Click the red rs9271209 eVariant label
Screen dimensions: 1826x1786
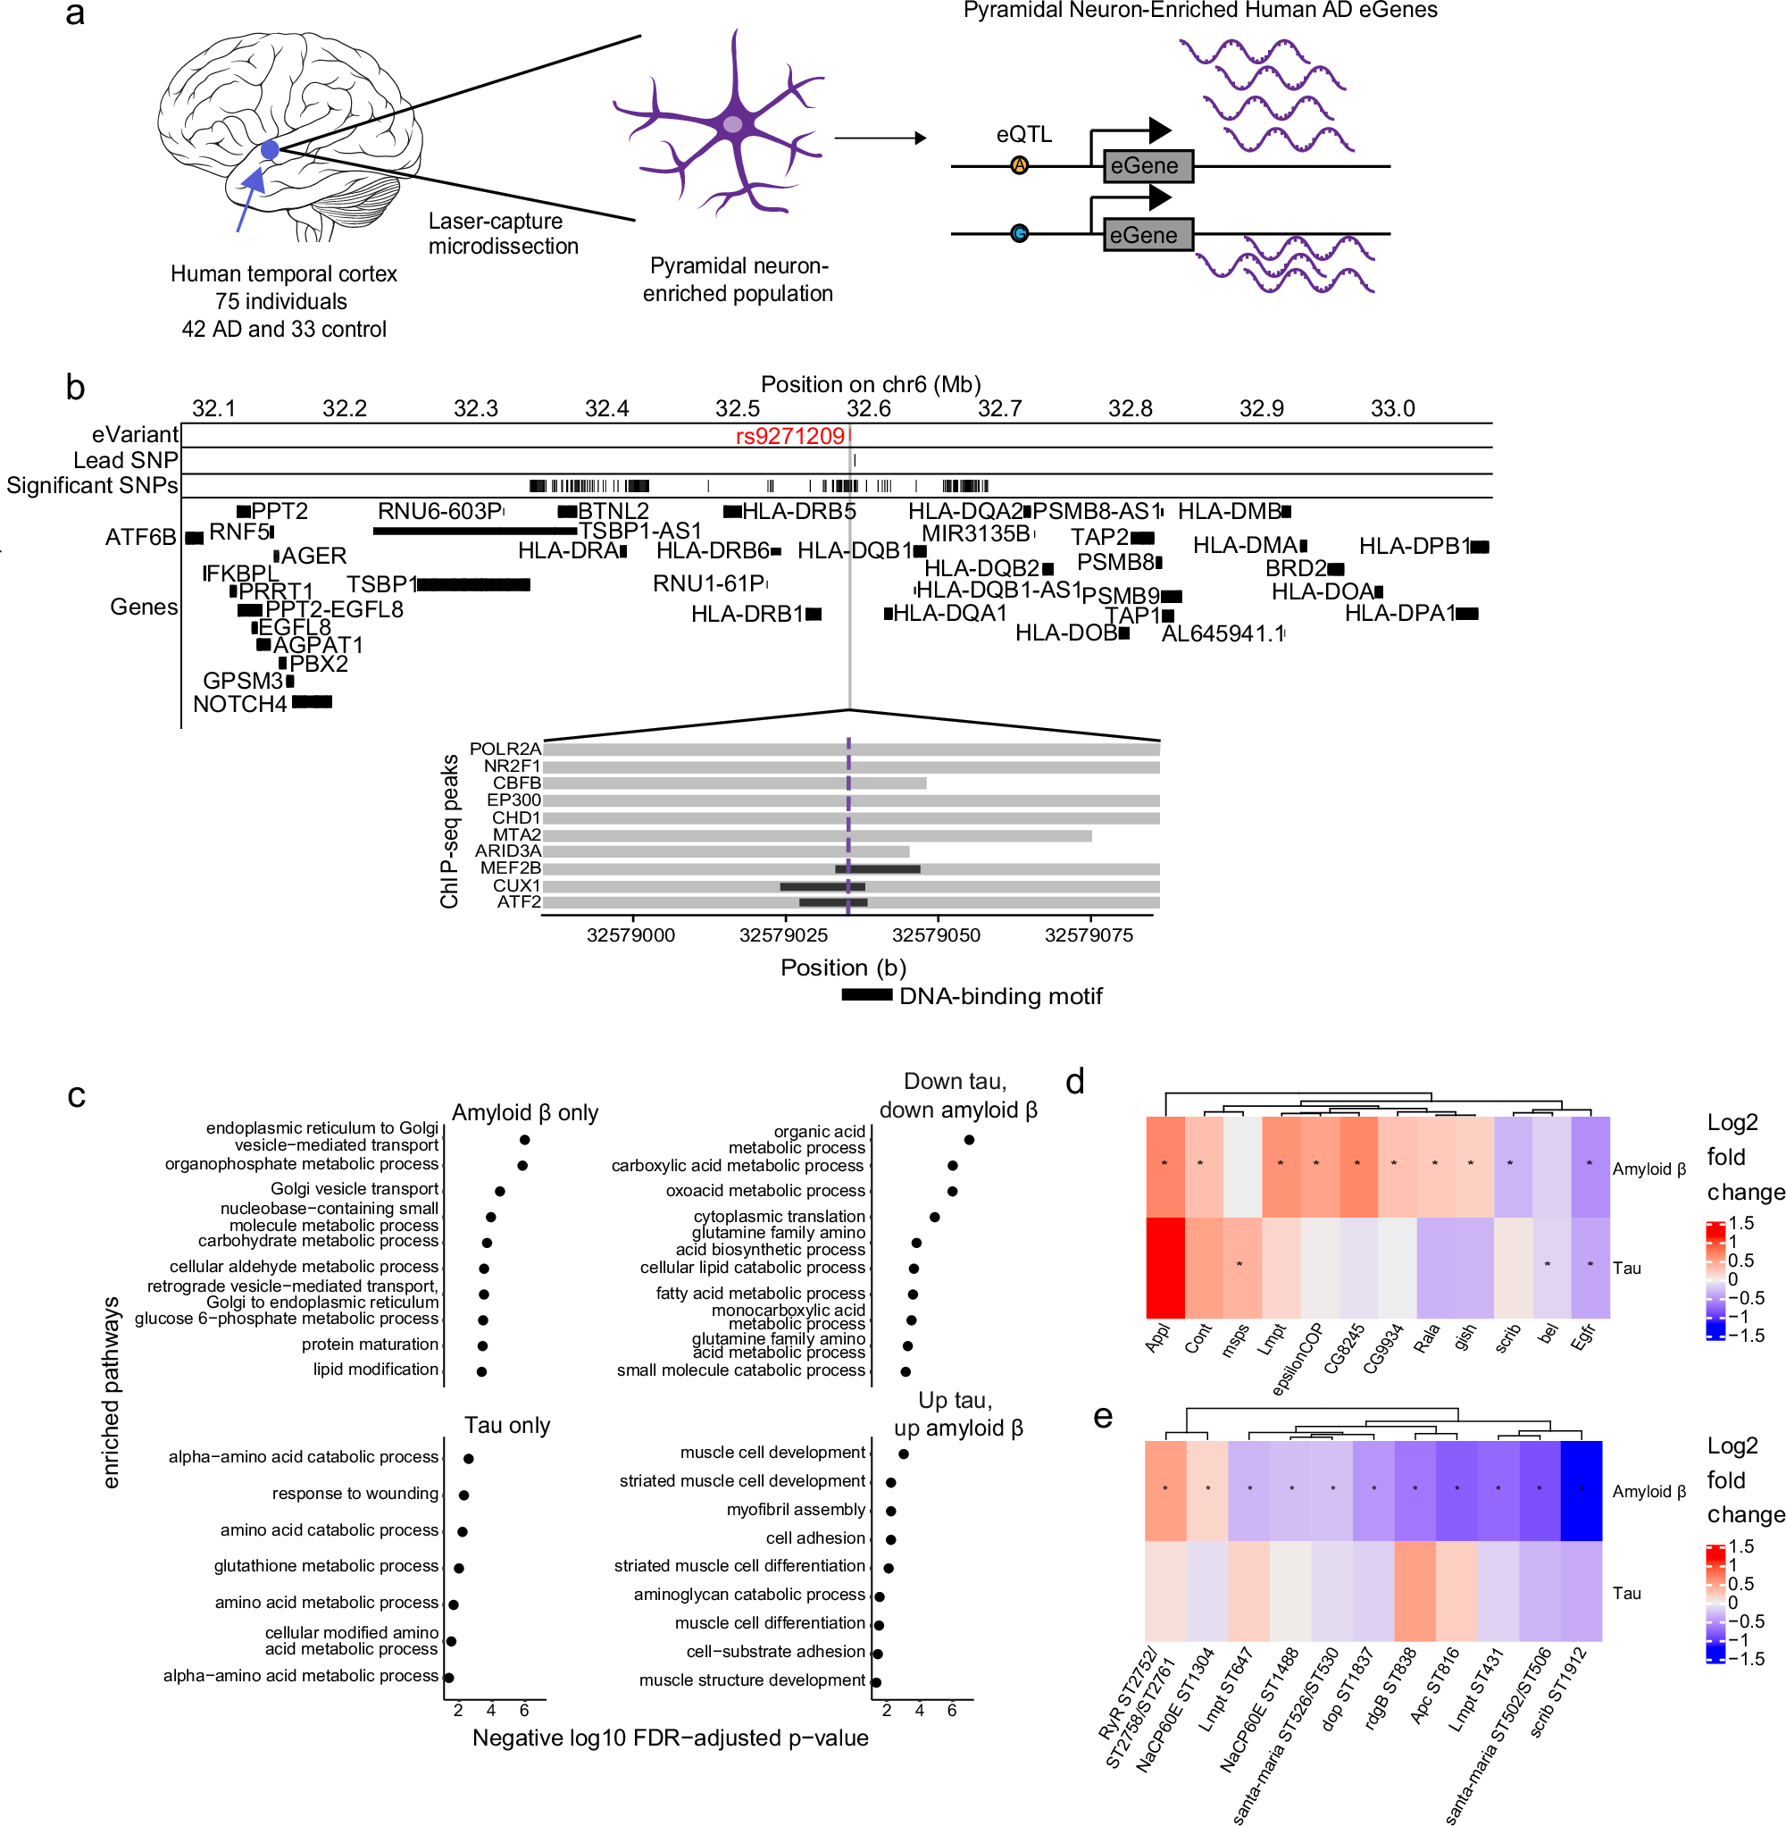(789, 436)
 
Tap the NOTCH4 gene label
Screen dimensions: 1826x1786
(239, 704)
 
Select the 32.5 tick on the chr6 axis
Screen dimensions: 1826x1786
(738, 408)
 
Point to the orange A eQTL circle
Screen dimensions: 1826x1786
(1020, 166)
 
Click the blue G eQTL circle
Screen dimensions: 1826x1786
(1020, 234)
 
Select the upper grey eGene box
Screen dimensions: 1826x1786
(1148, 166)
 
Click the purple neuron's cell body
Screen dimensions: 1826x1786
(732, 124)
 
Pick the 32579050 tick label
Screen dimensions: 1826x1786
(935, 935)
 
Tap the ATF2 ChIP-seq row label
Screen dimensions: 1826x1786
(518, 901)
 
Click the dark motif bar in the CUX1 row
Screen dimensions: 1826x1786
(822, 886)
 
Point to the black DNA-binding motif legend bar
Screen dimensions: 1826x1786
(866, 994)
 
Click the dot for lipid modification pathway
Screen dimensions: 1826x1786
(481, 1371)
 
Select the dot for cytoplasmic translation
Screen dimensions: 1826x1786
(934, 1217)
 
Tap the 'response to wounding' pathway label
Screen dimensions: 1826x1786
(355, 1493)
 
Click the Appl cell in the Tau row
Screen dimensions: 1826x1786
(1165, 1267)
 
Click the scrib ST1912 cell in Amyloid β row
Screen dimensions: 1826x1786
(1582, 1490)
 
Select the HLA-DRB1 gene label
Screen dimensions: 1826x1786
(747, 614)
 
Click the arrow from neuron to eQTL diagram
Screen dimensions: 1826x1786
(880, 138)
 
